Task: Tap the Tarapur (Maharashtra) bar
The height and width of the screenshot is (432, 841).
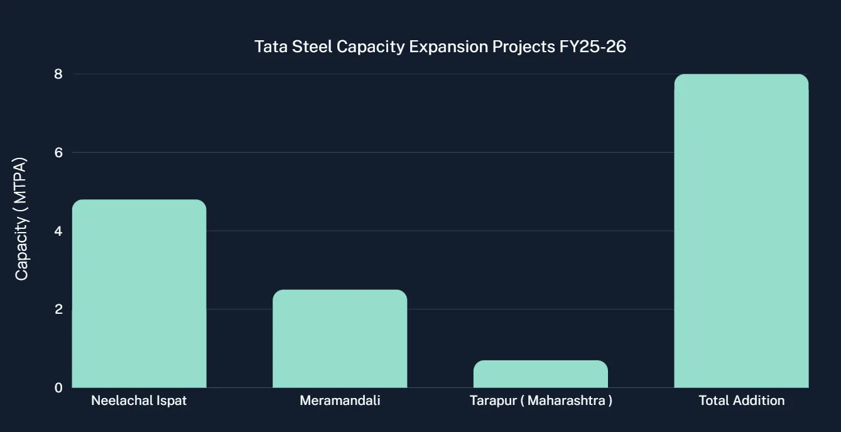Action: tap(541, 374)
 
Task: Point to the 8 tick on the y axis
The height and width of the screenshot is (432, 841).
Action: tap(58, 74)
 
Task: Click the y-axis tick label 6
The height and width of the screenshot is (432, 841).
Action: tap(58, 152)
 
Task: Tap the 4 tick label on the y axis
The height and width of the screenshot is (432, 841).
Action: tap(58, 231)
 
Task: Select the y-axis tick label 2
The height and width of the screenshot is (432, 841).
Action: tap(58, 309)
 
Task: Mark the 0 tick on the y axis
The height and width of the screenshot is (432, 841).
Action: tap(58, 388)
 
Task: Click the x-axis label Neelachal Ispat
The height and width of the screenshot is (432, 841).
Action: tap(139, 401)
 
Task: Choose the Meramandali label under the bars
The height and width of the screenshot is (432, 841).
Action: tap(340, 401)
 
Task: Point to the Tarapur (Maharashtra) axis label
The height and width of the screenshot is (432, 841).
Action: tap(541, 401)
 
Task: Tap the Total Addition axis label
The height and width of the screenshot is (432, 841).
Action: tap(741, 401)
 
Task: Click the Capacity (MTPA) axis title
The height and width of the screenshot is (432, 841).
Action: tap(22, 219)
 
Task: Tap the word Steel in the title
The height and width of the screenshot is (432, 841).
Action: tap(312, 47)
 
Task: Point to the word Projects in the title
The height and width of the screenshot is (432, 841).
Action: tap(523, 47)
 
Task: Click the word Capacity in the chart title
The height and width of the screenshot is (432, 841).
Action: tap(371, 47)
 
